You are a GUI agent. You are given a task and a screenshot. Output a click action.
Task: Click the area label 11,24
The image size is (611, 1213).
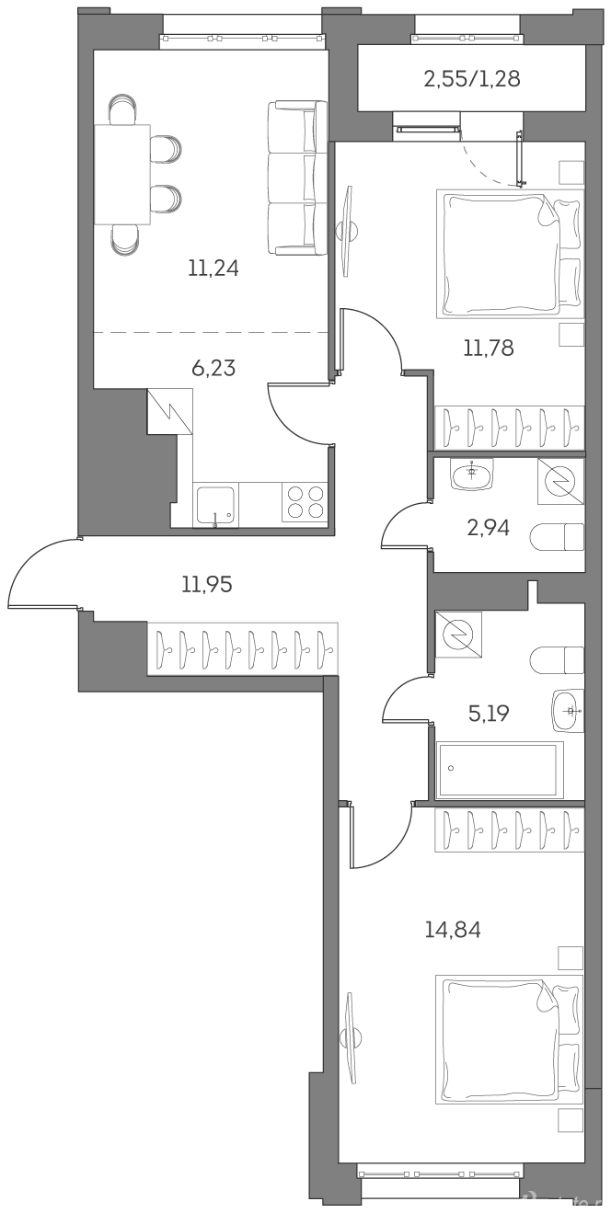(213, 268)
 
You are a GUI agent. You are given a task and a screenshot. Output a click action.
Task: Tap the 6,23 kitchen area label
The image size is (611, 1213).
(213, 368)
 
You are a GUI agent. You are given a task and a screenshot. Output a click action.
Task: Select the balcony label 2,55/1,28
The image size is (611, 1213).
(472, 79)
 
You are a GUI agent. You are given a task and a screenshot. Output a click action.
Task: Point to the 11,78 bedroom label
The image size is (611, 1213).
(489, 348)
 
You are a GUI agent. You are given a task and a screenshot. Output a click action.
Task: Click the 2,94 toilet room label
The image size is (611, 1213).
(488, 527)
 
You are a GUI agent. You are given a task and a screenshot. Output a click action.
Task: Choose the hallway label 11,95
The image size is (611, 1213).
(207, 584)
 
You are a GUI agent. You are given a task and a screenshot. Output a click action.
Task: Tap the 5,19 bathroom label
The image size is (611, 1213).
(489, 714)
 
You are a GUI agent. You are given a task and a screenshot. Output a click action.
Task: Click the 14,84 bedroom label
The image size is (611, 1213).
(454, 930)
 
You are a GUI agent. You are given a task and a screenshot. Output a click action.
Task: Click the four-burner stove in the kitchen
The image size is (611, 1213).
(305, 502)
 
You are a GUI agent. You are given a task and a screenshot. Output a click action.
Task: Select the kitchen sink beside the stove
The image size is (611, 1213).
(216, 505)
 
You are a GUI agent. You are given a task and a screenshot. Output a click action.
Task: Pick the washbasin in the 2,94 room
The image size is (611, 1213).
(471, 474)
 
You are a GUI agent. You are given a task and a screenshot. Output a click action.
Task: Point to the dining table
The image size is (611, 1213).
(122, 174)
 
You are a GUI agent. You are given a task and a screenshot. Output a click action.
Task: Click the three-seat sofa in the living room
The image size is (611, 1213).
(298, 177)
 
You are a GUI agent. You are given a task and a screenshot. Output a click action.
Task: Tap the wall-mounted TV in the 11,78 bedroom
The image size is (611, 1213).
(348, 233)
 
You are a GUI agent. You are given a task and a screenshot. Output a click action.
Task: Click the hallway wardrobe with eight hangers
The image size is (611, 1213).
(243, 648)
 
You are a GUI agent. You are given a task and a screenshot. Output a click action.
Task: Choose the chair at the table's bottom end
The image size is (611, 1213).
(124, 240)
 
